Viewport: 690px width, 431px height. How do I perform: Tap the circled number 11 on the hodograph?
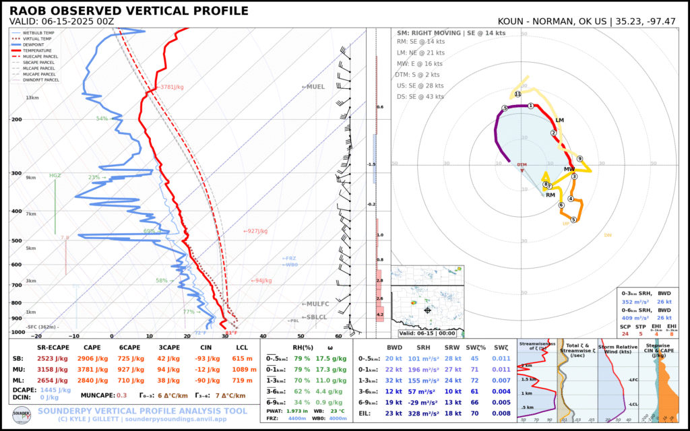point(517,94)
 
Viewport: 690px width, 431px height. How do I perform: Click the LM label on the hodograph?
point(559,121)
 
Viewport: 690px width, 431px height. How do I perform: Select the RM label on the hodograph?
point(551,195)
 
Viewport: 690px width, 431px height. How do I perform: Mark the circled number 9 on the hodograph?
point(579,159)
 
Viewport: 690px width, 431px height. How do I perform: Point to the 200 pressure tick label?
point(18,119)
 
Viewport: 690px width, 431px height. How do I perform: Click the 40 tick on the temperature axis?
point(263,335)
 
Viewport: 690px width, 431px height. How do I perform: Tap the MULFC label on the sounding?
point(315,304)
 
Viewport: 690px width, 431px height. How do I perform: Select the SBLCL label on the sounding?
point(315,317)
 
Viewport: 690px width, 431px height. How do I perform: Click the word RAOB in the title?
point(29,11)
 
